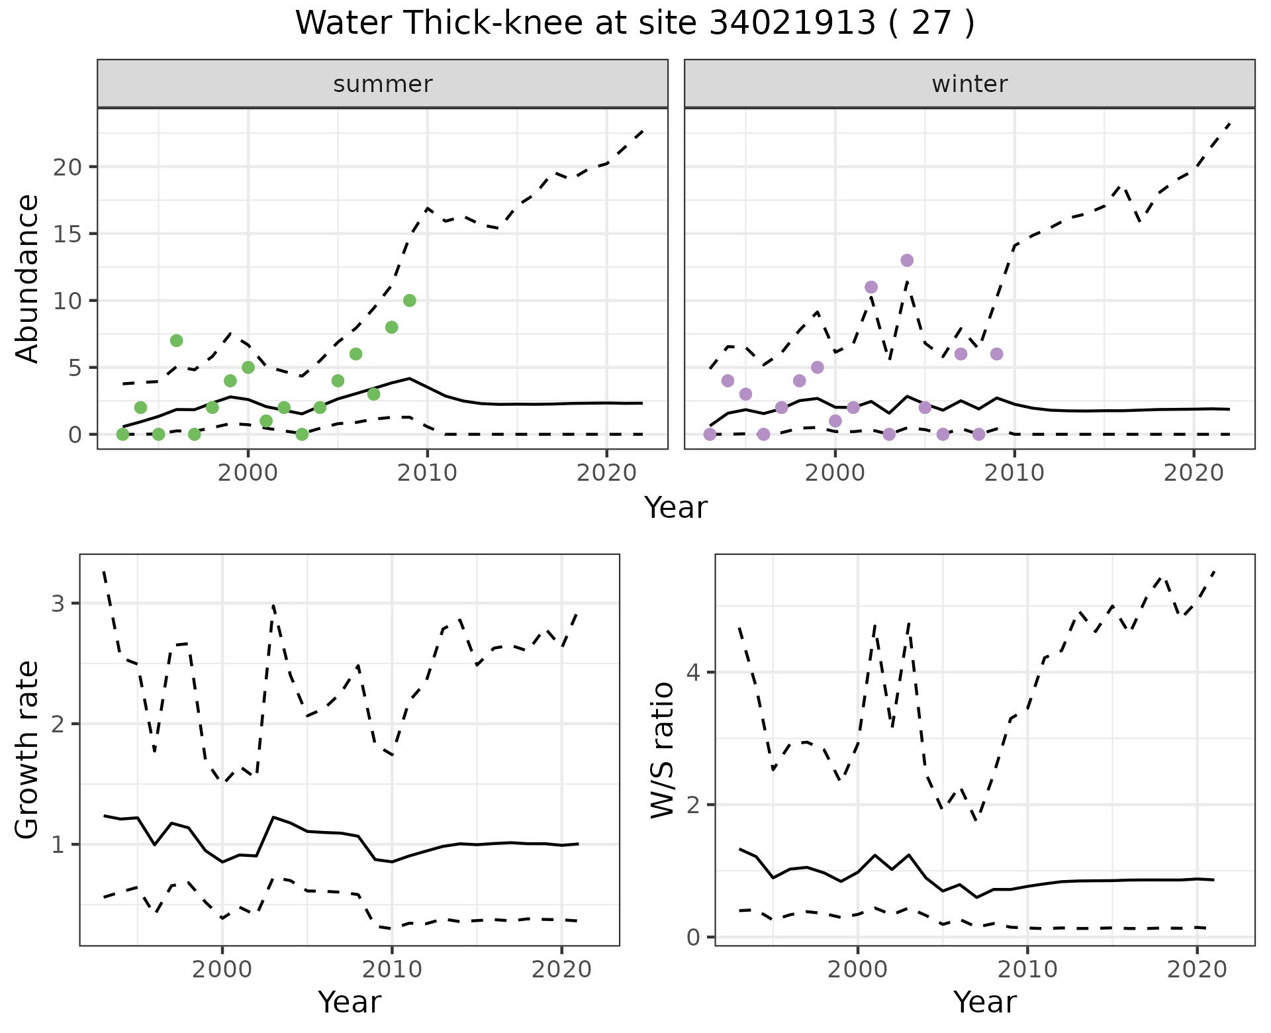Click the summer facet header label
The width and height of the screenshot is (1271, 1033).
[383, 84]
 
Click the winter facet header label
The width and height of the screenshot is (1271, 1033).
[969, 84]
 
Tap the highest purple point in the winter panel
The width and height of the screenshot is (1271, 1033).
[907, 260]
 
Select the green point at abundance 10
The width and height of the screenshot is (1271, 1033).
[409, 301]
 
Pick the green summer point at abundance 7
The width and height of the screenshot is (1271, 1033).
[176, 340]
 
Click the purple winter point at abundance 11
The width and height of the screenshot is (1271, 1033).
[871, 287]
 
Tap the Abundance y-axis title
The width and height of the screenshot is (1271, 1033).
[28, 278]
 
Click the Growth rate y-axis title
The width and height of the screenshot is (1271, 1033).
[28, 750]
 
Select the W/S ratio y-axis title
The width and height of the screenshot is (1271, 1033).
[663, 750]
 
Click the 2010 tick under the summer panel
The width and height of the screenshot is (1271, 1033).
[427, 473]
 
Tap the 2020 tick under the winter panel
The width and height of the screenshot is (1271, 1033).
[1194, 473]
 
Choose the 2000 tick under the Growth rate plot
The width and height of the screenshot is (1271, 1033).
[222, 969]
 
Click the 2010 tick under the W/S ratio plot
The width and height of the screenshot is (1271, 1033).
[1027, 969]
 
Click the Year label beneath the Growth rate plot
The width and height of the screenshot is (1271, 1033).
[350, 1003]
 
